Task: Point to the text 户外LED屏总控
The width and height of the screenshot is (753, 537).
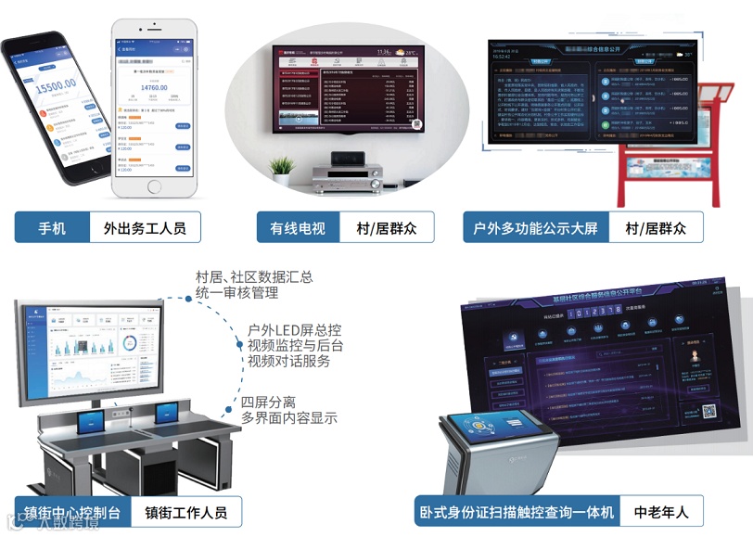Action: tap(295, 329)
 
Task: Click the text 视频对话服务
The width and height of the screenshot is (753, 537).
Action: tap(288, 361)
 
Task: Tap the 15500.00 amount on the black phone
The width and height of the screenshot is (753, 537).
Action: tap(56, 90)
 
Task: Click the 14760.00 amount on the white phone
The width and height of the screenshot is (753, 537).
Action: tap(153, 88)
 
